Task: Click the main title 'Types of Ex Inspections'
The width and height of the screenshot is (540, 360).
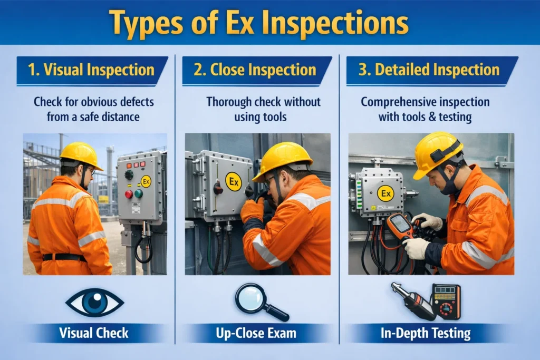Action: tap(269, 23)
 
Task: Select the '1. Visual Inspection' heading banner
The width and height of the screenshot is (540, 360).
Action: tap(92, 70)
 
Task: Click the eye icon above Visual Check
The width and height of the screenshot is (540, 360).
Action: tap(94, 302)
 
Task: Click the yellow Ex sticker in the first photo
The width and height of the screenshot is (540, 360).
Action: tap(146, 181)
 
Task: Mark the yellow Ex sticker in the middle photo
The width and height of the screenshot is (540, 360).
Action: tap(234, 182)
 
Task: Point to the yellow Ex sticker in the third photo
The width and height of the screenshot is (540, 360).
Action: tap(385, 193)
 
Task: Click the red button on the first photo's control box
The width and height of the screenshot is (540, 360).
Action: tap(128, 194)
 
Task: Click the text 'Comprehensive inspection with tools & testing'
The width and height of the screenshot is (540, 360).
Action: tap(425, 109)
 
